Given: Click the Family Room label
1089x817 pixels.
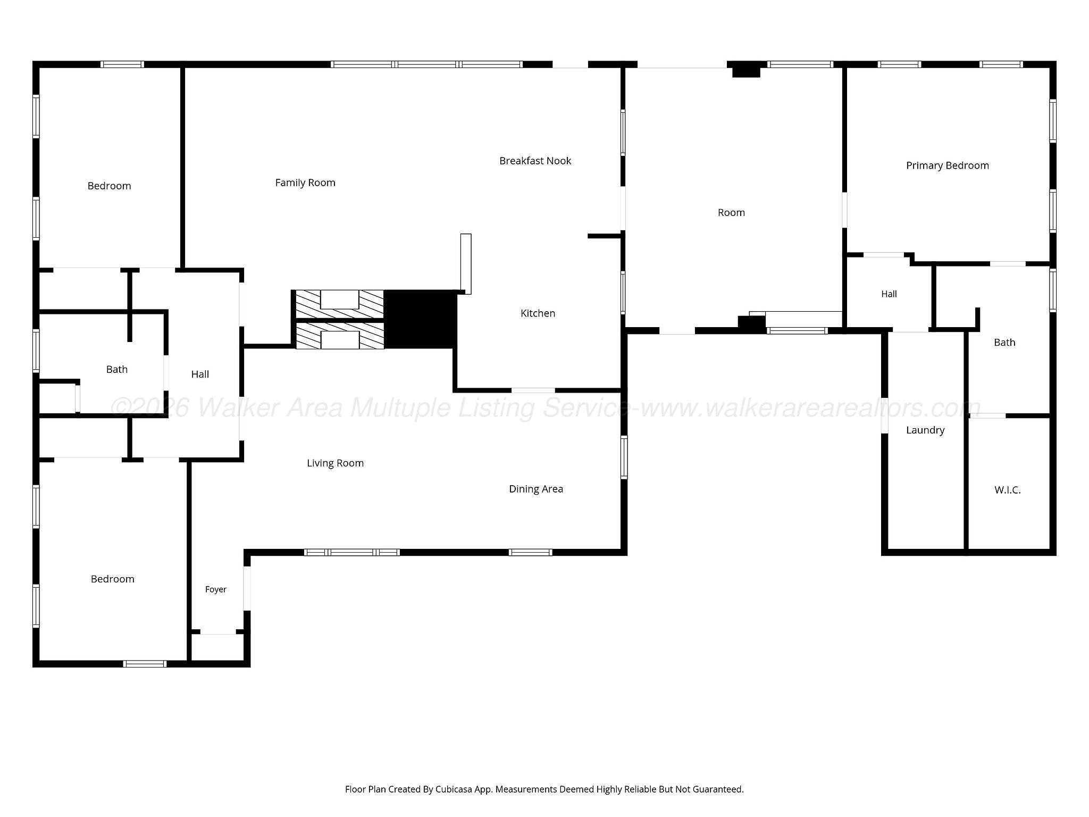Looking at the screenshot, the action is coord(305,182).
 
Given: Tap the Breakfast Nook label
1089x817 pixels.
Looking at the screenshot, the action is coord(535,161).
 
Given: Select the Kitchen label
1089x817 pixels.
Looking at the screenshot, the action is coord(538,313).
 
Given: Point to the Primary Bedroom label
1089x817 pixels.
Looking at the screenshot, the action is coord(948,165).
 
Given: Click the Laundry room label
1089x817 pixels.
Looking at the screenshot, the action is coord(925,430).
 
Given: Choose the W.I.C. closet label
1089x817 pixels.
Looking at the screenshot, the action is coord(1008,490).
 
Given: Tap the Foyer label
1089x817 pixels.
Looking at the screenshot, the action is coord(216,589).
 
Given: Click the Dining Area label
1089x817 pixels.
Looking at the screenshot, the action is coord(536,489).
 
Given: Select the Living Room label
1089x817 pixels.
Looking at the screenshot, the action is coord(335,463).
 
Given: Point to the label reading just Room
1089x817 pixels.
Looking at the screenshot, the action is coord(731,213).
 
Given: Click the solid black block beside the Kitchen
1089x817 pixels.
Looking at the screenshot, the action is coord(420,319).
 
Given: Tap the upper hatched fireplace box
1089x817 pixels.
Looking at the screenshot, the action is coord(339,304).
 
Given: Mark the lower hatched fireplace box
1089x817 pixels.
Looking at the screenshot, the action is coord(339,336).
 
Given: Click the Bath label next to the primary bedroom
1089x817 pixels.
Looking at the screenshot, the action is coord(1004,343).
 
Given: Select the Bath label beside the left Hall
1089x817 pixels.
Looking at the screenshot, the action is coord(117,369).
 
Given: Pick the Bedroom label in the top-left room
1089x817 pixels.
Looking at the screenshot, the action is coord(109,186).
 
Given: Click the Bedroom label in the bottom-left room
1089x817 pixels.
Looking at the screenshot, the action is coord(112,579).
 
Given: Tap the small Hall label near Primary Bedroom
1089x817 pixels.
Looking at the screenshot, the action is coord(889,294).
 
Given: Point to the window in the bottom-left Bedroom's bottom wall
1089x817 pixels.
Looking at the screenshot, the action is coord(145,663).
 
